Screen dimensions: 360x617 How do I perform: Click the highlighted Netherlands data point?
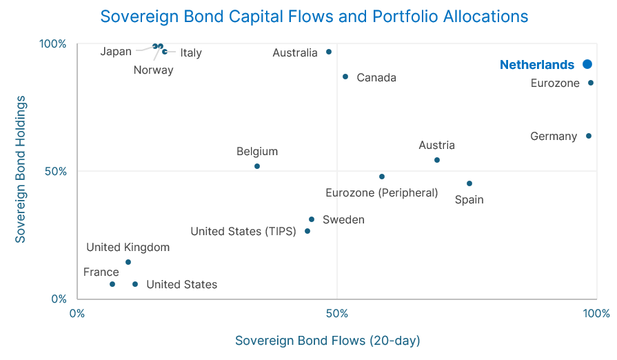click(587, 64)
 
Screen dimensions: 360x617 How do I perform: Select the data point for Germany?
click(589, 136)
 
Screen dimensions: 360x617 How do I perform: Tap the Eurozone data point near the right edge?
click(591, 83)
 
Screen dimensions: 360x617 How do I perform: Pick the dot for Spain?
click(469, 183)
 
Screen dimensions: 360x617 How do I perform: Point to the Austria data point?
click(437, 160)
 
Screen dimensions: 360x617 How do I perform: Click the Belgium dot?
click(257, 166)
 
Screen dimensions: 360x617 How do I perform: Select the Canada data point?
click(345, 77)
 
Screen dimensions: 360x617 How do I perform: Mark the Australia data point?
click(329, 52)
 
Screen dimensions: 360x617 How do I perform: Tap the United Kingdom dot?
click(128, 262)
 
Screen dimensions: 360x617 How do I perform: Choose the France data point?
click(112, 284)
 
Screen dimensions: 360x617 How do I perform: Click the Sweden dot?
click(312, 219)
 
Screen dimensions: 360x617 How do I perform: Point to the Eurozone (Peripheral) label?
click(381, 192)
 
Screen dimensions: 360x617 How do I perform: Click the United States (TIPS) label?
click(243, 231)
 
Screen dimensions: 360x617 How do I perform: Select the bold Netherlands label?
click(537, 65)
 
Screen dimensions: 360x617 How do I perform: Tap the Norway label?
click(154, 70)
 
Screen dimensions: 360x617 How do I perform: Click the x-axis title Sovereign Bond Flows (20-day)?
click(327, 341)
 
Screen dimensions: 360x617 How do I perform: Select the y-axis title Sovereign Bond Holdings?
click(21, 169)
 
